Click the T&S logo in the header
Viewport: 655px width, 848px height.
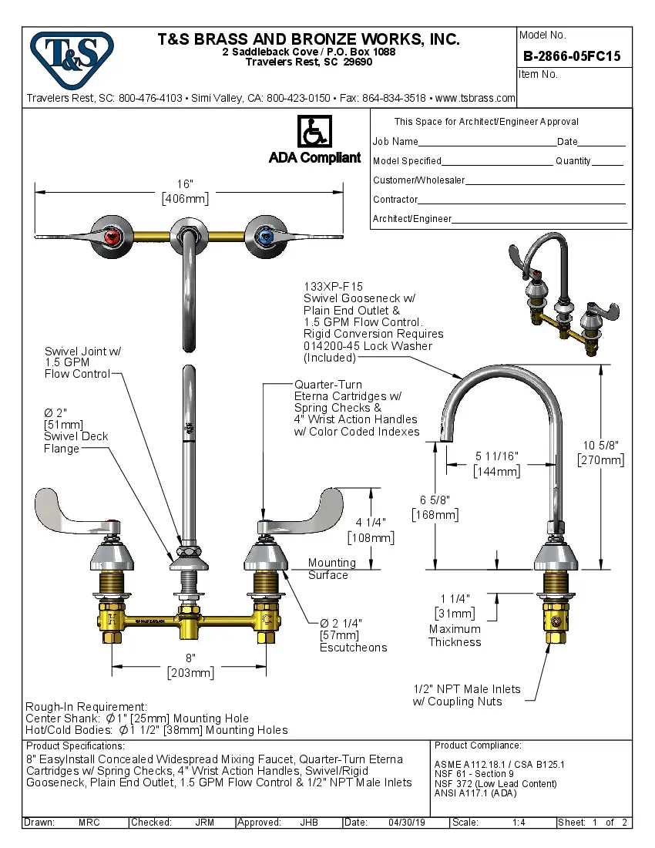point(72,56)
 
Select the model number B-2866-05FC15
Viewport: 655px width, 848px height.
point(572,56)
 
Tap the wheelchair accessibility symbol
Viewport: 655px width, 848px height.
point(314,133)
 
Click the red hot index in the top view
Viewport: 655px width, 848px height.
point(112,235)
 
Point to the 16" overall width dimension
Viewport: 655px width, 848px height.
point(185,184)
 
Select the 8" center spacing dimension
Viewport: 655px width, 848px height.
point(190,658)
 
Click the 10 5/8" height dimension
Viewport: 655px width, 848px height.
point(600,445)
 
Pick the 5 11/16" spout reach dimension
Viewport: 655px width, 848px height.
point(496,457)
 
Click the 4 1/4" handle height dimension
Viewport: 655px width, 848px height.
point(371,522)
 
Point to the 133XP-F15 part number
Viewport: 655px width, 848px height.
point(334,287)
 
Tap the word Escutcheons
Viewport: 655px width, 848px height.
point(353,648)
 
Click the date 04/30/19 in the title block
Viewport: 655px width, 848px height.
point(407,823)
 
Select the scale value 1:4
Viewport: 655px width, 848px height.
point(519,823)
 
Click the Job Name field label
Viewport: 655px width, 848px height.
point(395,142)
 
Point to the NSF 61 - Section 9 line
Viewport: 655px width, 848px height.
point(474,774)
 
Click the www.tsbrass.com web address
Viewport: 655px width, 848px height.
point(475,98)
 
